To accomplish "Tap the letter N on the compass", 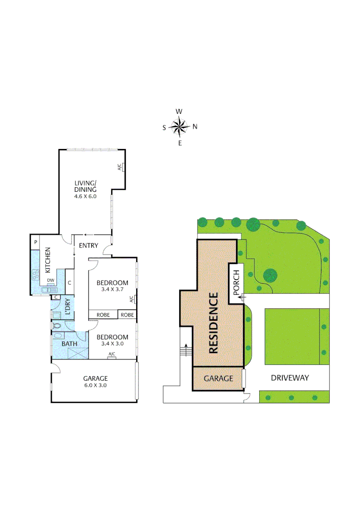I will [195, 126].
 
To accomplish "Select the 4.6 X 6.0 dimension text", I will [85, 196].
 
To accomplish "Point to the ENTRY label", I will [88, 246].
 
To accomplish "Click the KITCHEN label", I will [48, 261].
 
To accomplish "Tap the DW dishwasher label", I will [50, 280].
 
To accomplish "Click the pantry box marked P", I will [35, 242].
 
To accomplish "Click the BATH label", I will [69, 344].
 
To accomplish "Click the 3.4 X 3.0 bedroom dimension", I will [112, 344].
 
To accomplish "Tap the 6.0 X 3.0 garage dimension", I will [95, 385].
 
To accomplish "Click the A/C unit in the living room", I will [121, 167].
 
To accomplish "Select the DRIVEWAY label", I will [290, 378].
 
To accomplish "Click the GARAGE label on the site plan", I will [218, 378].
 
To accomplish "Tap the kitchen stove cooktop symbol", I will [35, 274].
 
